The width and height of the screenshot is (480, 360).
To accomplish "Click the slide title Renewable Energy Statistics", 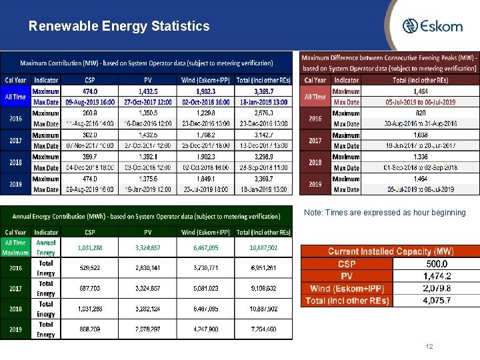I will (119, 27).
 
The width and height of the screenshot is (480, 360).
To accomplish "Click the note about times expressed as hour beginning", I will (385, 213).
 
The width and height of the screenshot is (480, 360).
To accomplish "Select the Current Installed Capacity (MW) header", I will (389, 251).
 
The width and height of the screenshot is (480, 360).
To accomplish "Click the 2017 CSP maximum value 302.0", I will (89, 135).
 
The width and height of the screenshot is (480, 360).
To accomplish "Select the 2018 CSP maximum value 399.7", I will (89, 157).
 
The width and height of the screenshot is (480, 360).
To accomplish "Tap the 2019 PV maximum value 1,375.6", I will (148, 179).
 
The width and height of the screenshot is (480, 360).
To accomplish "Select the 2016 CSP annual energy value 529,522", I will (89, 268).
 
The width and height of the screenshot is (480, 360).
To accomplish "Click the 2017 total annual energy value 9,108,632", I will (263, 289).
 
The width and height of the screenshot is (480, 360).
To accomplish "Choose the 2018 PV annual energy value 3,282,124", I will (147, 309).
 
